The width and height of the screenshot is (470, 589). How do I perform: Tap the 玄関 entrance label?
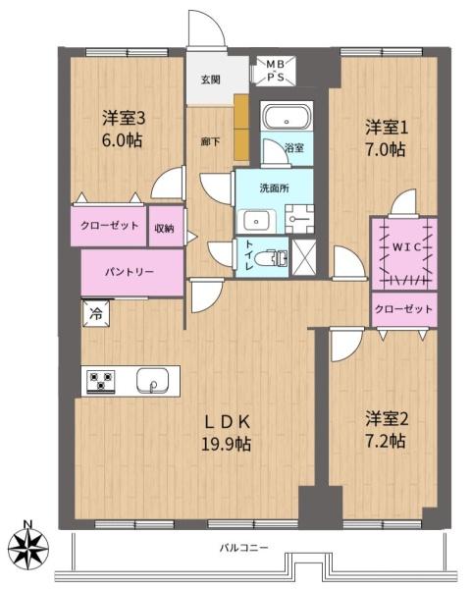click(x=211, y=80)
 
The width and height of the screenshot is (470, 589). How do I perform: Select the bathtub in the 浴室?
click(x=287, y=118)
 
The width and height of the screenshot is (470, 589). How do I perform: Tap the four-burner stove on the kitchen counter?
click(x=101, y=381)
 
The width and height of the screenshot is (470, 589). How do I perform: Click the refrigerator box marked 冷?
click(x=96, y=314)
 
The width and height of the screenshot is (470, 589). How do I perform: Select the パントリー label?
click(x=131, y=272)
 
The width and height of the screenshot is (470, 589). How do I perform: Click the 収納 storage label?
click(x=164, y=228)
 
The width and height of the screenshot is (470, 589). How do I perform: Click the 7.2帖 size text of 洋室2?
click(x=383, y=441)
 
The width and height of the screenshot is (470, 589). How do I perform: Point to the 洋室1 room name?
click(x=386, y=128)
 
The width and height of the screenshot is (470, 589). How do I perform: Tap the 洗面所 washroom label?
click(x=273, y=187)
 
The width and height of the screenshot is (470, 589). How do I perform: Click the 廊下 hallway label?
click(x=210, y=141)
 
